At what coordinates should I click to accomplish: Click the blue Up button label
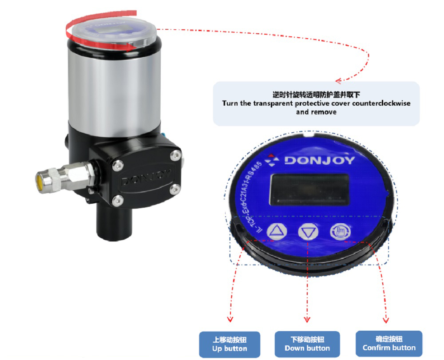(229, 344)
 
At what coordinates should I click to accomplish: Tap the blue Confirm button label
(389, 343)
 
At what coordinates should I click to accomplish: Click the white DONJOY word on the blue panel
(319, 160)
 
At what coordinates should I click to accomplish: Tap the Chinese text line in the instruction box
(316, 95)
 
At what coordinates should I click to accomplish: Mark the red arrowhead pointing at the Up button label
(230, 318)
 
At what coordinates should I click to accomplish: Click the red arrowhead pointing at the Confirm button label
(385, 319)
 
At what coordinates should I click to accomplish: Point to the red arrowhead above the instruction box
(339, 81)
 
